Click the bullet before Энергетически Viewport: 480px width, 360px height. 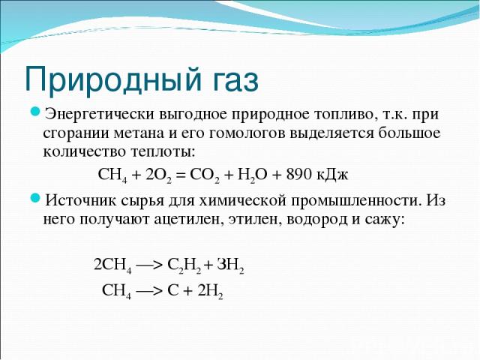click(x=35, y=112)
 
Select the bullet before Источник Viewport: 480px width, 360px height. click(x=35, y=199)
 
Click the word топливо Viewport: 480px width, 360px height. click(x=346, y=115)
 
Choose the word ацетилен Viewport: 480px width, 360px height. click(x=187, y=219)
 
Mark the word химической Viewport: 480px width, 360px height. click(x=241, y=201)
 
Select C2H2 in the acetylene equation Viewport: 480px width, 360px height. click(x=184, y=265)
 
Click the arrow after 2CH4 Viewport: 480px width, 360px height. click(x=148, y=265)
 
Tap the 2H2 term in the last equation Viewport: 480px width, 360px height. click(x=210, y=291)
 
